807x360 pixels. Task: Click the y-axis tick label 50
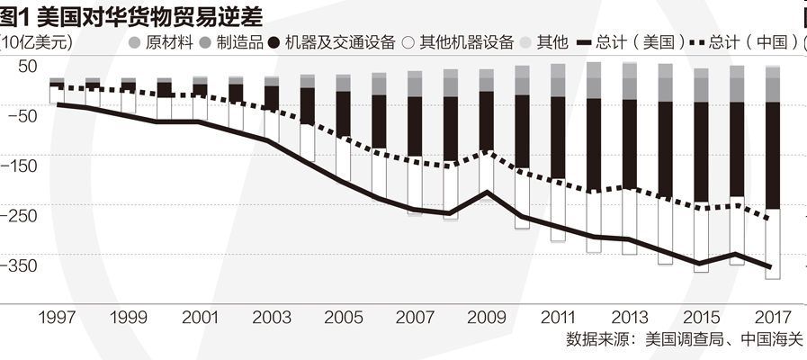point(27,66)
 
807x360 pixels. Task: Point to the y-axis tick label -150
point(23,166)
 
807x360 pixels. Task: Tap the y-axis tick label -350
point(23,265)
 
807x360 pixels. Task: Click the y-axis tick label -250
point(23,216)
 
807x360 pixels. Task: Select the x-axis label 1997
point(57,318)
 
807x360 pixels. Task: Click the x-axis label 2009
point(486,318)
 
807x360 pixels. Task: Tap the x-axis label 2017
point(772,318)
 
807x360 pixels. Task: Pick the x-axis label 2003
point(271,318)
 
